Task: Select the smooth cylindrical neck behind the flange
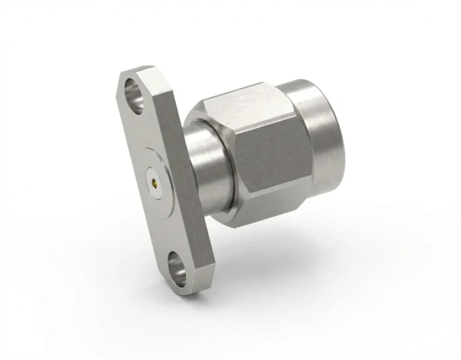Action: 207,168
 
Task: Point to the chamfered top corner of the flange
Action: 135,71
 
